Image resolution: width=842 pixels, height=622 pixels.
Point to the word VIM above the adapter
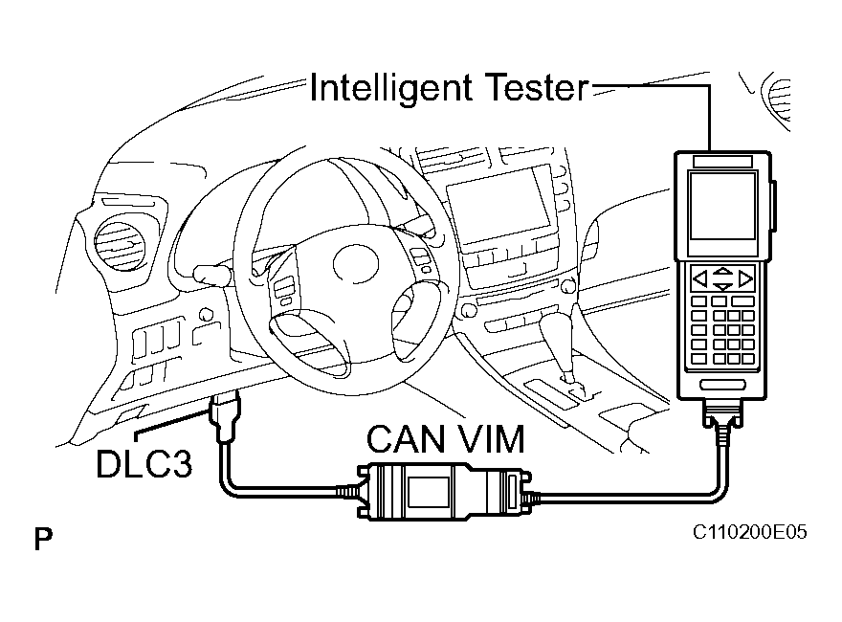488,441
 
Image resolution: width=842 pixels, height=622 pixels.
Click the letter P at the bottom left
43,541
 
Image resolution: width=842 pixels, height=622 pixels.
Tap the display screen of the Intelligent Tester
722,206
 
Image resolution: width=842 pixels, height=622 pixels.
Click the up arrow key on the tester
723,272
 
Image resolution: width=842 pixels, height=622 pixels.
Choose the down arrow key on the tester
723,286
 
